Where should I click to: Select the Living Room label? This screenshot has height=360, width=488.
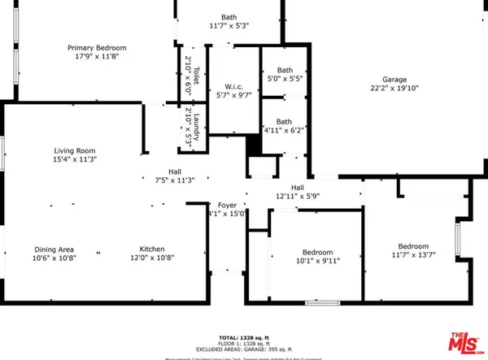pyautogui.click(x=76, y=150)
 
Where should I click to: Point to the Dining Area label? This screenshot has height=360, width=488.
pyautogui.click(x=54, y=249)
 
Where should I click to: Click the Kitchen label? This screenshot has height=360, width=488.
pyautogui.click(x=152, y=249)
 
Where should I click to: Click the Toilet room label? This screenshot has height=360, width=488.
pyautogui.click(x=188, y=54)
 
